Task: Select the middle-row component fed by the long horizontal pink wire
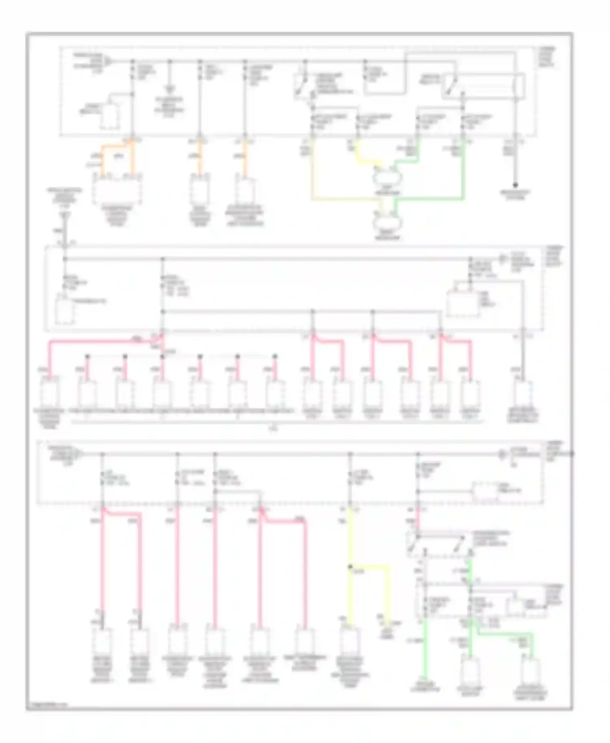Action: pos(49,393)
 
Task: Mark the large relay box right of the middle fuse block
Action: pos(463,303)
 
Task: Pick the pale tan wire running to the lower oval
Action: pos(346,199)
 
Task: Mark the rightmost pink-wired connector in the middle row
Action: pos(471,393)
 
